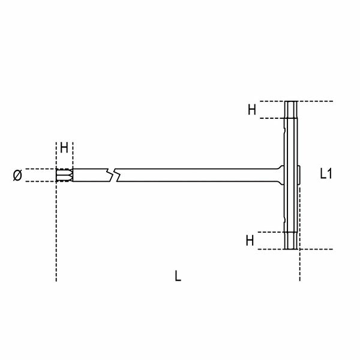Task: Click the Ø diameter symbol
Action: click(x=17, y=175)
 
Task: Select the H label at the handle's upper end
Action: click(x=252, y=109)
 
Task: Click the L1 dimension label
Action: click(x=326, y=174)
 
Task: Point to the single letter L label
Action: click(x=178, y=276)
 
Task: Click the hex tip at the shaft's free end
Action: click(x=63, y=175)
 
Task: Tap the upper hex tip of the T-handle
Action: click(x=291, y=110)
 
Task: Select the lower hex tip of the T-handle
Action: click(x=291, y=240)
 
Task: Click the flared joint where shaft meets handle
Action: click(x=278, y=175)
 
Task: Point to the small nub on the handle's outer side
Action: click(x=299, y=175)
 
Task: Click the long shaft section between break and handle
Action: click(x=198, y=175)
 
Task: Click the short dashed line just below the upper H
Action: click(x=270, y=119)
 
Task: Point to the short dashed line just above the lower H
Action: click(x=270, y=232)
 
